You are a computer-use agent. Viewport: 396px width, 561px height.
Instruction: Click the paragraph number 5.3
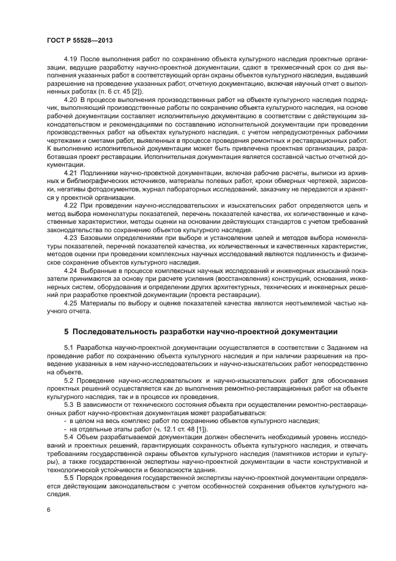point(69,404)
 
